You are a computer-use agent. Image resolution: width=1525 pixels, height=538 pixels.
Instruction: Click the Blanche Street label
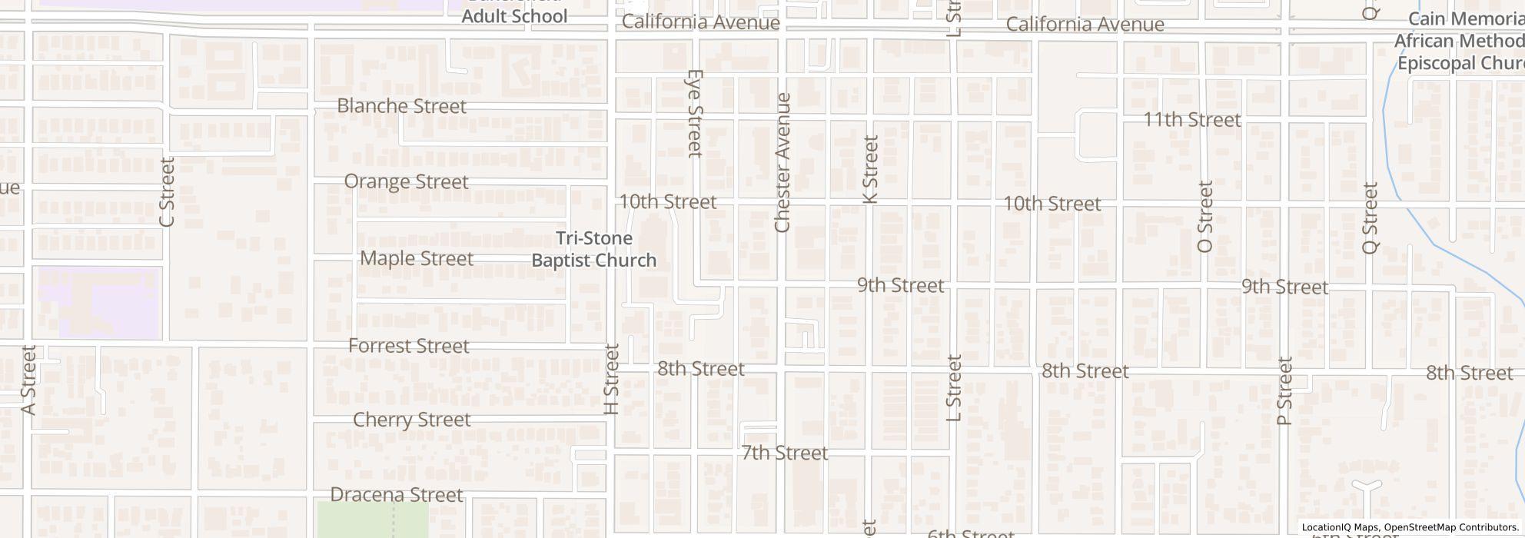tap(401, 106)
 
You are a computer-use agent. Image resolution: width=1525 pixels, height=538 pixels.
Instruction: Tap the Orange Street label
tap(406, 182)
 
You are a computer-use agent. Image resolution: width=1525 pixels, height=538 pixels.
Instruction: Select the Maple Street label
tap(416, 258)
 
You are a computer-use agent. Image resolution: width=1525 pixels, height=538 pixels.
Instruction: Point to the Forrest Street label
tap(408, 346)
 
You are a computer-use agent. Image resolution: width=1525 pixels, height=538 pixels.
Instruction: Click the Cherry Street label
tap(411, 420)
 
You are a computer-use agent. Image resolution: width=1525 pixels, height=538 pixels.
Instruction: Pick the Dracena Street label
tap(396, 494)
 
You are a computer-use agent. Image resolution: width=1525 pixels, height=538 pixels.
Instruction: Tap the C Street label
tap(167, 192)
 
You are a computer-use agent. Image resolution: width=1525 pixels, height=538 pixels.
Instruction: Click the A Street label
tap(28, 380)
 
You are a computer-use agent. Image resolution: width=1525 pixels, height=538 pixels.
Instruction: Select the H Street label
tap(612, 379)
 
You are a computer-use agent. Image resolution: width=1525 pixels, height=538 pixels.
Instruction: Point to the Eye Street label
tap(695, 113)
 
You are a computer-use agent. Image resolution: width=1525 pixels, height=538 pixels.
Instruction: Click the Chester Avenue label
tap(782, 162)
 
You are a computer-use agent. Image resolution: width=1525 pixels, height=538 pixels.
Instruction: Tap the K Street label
tap(870, 169)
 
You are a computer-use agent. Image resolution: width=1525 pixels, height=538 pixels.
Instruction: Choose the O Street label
tap(1204, 217)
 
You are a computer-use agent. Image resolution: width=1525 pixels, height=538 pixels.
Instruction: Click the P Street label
tap(1284, 391)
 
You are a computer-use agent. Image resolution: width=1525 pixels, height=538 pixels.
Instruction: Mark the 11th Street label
tap(1191, 120)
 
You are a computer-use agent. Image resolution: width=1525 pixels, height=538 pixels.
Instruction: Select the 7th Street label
tap(784, 453)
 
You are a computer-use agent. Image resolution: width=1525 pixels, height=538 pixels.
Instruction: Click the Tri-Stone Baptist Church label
tap(593, 250)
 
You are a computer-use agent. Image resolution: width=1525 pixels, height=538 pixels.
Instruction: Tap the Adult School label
tap(513, 16)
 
